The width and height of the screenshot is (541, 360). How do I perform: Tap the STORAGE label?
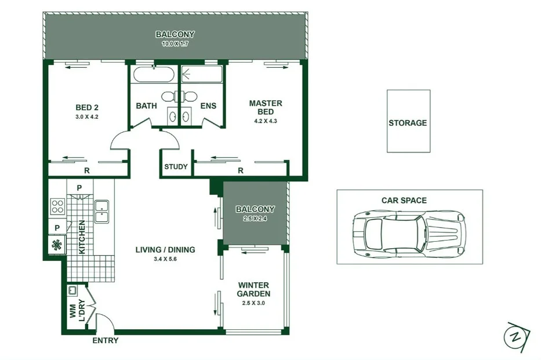[408, 123]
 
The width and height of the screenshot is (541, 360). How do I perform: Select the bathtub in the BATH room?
[153, 75]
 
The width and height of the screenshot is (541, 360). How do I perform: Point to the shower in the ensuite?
[202, 75]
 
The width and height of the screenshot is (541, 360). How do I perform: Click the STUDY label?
[176, 167]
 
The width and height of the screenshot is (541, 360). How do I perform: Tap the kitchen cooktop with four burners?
[58, 206]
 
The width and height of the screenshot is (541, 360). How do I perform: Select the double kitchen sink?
[102, 212]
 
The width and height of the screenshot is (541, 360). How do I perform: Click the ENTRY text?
[106, 340]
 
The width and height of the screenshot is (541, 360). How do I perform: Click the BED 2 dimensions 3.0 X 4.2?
[88, 117]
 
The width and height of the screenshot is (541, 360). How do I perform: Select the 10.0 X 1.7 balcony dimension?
[175, 43]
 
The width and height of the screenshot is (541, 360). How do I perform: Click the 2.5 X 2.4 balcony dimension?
[255, 218]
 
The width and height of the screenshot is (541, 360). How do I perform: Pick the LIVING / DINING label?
[165, 250]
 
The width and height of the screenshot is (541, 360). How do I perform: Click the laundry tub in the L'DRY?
[74, 290]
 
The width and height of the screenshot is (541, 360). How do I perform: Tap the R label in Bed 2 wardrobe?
[86, 170]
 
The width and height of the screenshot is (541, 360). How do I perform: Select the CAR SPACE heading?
[404, 201]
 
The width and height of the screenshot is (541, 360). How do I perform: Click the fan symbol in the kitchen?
[57, 245]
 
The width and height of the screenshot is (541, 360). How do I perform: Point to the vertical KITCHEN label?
[82, 237]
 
